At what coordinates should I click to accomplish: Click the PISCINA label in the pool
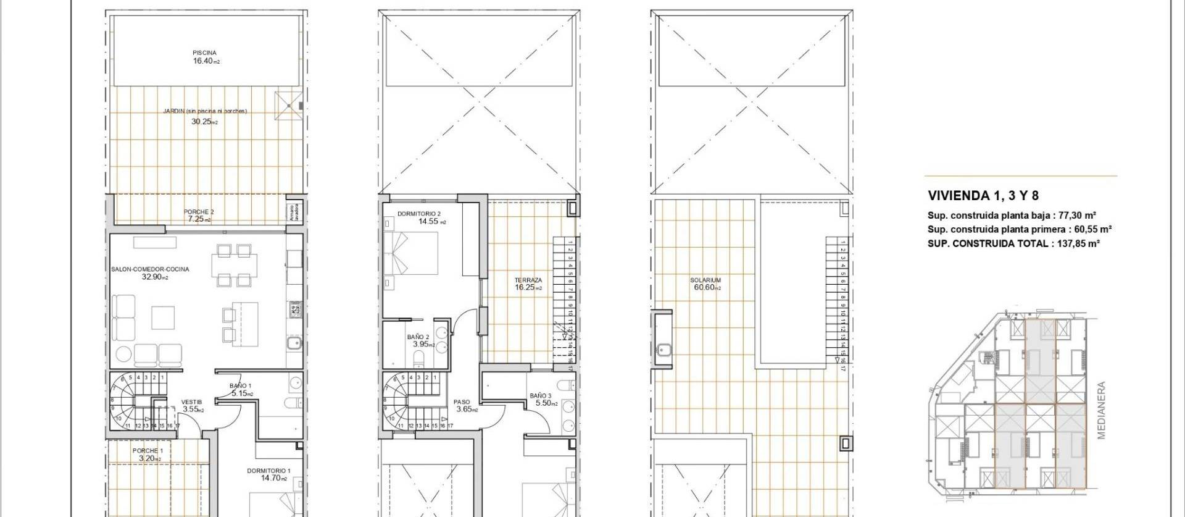click(204, 53)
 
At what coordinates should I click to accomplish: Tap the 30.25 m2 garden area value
click(204, 122)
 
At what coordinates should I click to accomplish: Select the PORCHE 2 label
click(199, 212)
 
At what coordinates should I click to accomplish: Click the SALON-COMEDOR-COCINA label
click(150, 269)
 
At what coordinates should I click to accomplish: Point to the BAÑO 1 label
click(240, 386)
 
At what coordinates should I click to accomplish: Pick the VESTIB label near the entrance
click(191, 402)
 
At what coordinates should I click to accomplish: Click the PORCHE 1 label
click(148, 451)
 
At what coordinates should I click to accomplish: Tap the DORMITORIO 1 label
click(268, 471)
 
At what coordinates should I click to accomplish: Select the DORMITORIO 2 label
click(419, 214)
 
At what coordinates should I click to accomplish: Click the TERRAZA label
click(528, 280)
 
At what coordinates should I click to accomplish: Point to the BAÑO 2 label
click(418, 337)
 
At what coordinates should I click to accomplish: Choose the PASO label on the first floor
click(462, 401)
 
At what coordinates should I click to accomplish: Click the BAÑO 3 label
click(541, 396)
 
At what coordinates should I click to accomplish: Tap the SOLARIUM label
click(705, 280)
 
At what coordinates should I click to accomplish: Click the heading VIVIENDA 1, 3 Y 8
click(983, 196)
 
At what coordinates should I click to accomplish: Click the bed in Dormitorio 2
click(411, 253)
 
